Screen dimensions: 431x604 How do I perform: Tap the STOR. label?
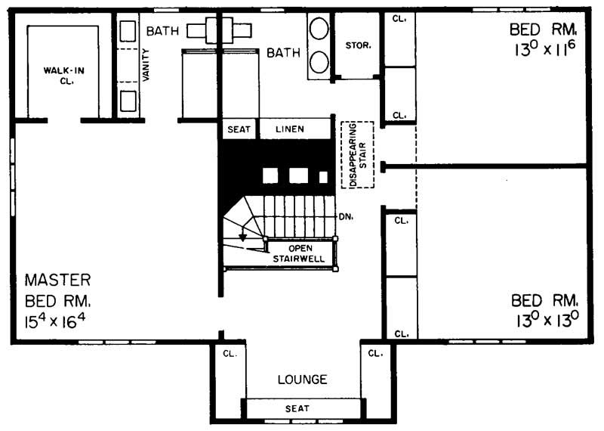pyautogui.click(x=358, y=45)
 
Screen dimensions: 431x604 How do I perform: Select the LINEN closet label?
pyautogui.click(x=289, y=129)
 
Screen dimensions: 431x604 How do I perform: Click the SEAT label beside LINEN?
pyautogui.click(x=239, y=129)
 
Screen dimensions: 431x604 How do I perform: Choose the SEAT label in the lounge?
pyautogui.click(x=297, y=409)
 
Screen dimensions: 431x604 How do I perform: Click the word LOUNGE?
pyautogui.click(x=301, y=380)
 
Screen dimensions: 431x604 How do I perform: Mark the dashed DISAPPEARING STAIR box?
pyautogui.click(x=358, y=154)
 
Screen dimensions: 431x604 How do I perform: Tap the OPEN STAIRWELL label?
pyautogui.click(x=300, y=253)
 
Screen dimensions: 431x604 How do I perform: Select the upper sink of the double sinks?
pyautogui.click(x=318, y=29)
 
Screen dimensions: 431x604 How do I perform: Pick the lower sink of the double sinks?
pyautogui.click(x=318, y=60)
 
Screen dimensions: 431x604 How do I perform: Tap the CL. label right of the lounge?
pyautogui.click(x=374, y=353)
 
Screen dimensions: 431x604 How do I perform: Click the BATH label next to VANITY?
pyautogui.click(x=162, y=31)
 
